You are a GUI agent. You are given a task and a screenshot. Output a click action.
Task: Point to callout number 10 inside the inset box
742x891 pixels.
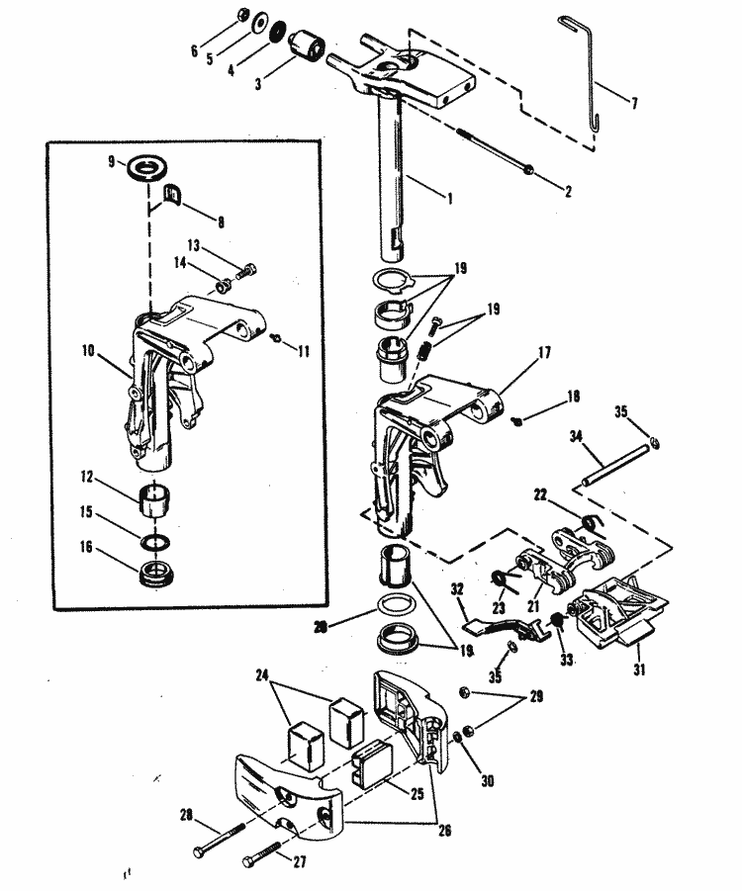91,350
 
